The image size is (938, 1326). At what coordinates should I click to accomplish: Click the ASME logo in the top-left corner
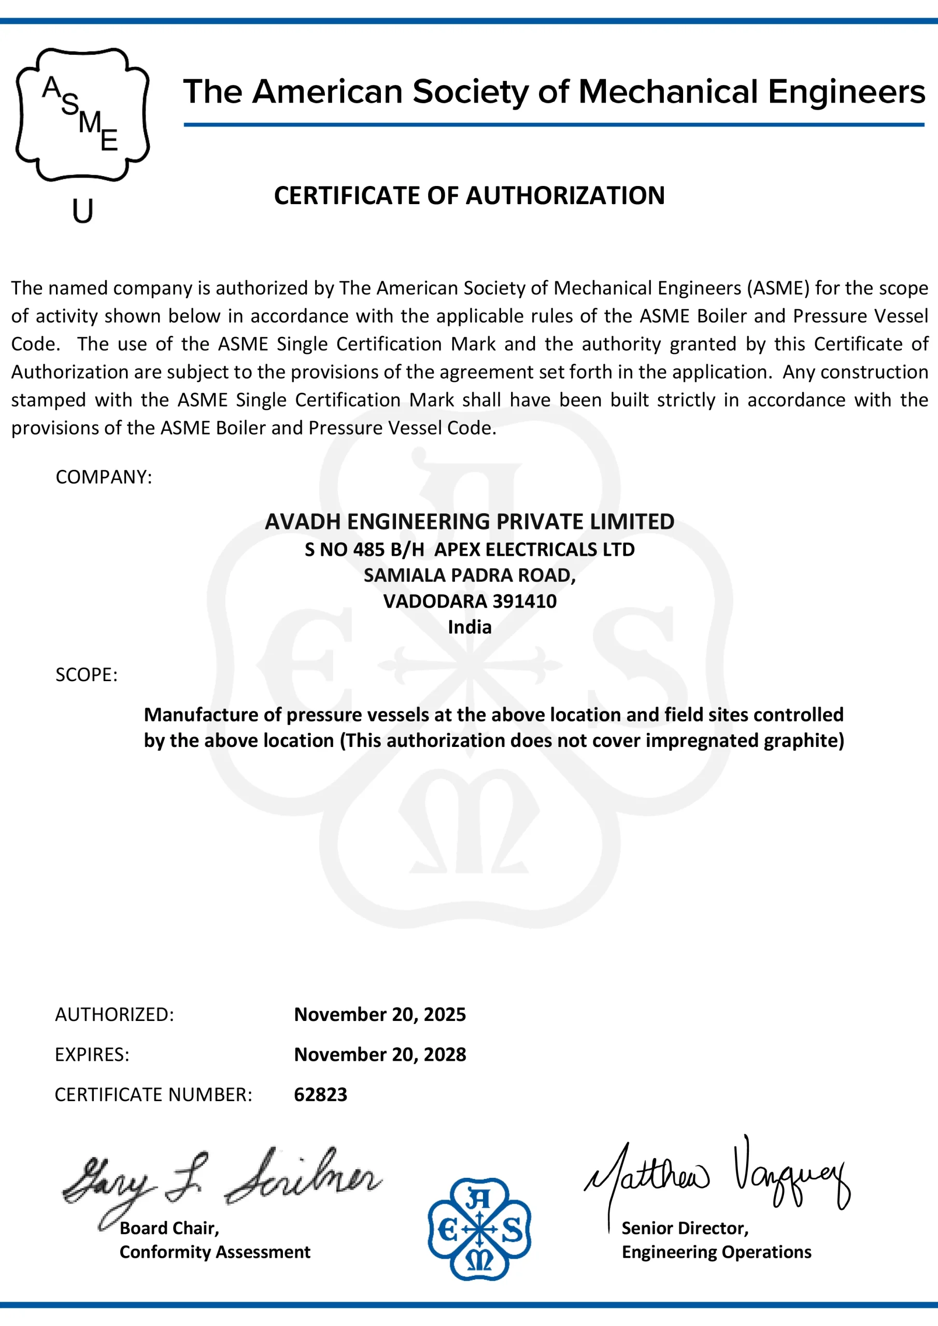pyautogui.click(x=82, y=114)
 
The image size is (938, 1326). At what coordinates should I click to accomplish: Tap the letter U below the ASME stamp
pyautogui.click(x=82, y=211)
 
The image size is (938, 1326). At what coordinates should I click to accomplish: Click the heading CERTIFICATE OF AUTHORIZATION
pyautogui.click(x=470, y=195)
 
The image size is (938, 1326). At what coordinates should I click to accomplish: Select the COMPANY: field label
pyautogui.click(x=104, y=477)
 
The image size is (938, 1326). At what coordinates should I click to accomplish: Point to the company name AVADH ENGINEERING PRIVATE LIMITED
pyautogui.click(x=470, y=522)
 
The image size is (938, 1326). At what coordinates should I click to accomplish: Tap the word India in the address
pyautogui.click(x=470, y=627)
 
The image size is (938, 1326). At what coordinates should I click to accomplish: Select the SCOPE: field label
pyautogui.click(x=87, y=674)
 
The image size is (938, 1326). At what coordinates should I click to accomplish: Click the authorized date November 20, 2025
pyautogui.click(x=380, y=1014)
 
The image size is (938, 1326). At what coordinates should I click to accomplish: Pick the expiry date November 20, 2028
pyautogui.click(x=380, y=1055)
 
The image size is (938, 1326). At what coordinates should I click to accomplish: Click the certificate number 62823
pyautogui.click(x=320, y=1094)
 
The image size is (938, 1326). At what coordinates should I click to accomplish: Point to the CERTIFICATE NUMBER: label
pyautogui.click(x=153, y=1094)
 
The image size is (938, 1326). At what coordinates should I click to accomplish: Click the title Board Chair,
pyautogui.click(x=169, y=1228)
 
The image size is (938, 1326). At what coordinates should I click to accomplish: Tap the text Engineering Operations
pyautogui.click(x=716, y=1252)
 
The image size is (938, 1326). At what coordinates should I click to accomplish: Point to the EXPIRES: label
pyautogui.click(x=92, y=1055)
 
